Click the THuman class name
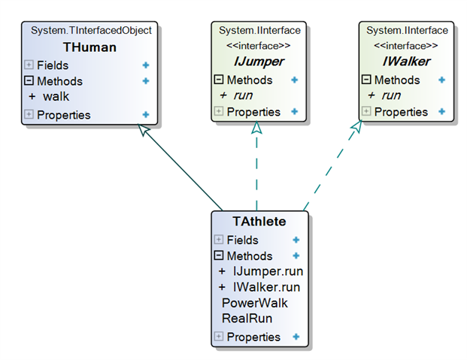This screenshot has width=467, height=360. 89,47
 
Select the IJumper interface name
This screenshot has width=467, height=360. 259,62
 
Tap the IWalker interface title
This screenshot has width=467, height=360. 406,62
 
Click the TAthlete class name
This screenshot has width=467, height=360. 259,221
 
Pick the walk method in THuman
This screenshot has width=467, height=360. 56,96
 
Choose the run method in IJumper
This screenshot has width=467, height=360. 244,95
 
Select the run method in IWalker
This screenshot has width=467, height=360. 391,95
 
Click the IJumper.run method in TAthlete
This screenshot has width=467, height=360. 268,271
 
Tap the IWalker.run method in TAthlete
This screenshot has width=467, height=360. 266,287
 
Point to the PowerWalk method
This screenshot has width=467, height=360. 255,303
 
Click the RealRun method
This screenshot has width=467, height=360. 247,319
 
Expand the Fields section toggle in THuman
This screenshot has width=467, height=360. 29,65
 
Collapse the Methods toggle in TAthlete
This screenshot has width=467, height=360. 219,256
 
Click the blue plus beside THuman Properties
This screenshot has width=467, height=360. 146,115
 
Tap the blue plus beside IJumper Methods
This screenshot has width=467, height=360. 294,80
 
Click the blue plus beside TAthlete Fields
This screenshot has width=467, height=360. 296,240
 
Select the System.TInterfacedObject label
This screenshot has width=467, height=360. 91,30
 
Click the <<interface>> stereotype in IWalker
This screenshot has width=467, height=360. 405,46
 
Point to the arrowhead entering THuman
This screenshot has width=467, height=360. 144,129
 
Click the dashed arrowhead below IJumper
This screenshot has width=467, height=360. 256,128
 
